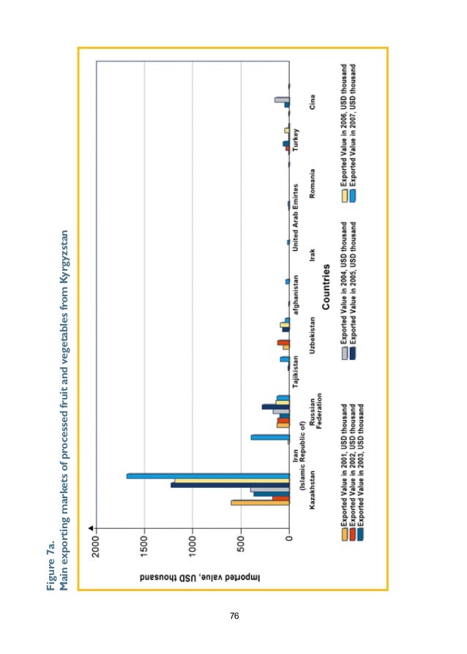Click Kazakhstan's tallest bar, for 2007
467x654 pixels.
209,477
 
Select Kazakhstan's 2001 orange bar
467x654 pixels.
261,503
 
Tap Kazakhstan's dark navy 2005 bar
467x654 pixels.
231,484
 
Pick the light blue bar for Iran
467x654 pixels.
270,437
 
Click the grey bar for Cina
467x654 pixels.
282,99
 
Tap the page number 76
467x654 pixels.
234,616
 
